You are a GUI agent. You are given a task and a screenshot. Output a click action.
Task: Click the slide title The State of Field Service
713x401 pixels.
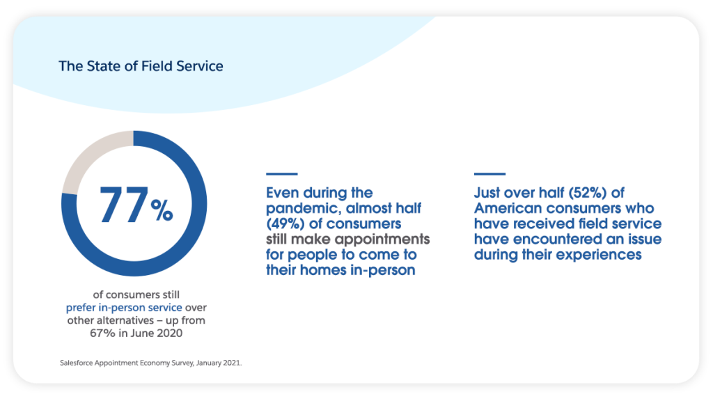[141, 67]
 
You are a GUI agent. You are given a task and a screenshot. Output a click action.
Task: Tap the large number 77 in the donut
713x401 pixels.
[124, 206]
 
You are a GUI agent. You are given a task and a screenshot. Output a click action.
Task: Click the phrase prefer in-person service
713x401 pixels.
[124, 307]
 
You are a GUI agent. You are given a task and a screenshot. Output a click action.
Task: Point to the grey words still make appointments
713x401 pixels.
[348, 239]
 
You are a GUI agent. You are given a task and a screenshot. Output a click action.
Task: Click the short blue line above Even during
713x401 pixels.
[281, 173]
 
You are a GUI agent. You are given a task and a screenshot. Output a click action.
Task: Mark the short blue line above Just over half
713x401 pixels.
[489, 173]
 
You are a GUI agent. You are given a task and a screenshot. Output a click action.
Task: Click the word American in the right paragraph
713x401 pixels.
[510, 208]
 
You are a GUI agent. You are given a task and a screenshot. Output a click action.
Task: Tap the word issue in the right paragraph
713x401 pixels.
[644, 239]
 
